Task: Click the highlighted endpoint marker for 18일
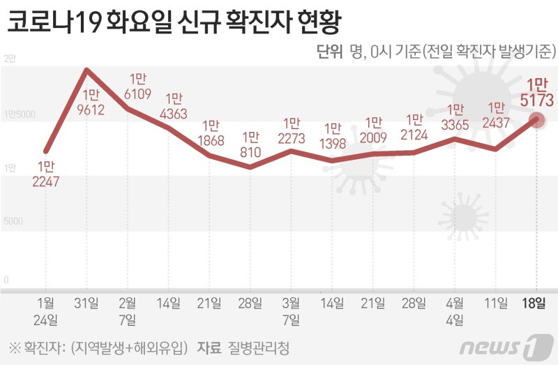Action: point(536,119)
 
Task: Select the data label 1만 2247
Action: point(45,175)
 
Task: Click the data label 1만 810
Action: point(250,144)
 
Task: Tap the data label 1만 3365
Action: point(455,118)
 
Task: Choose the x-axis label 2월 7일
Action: point(128,311)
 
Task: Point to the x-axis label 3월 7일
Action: point(291,311)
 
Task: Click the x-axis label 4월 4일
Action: point(455,311)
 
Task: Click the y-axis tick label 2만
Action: point(9,59)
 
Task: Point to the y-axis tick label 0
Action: point(6,280)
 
